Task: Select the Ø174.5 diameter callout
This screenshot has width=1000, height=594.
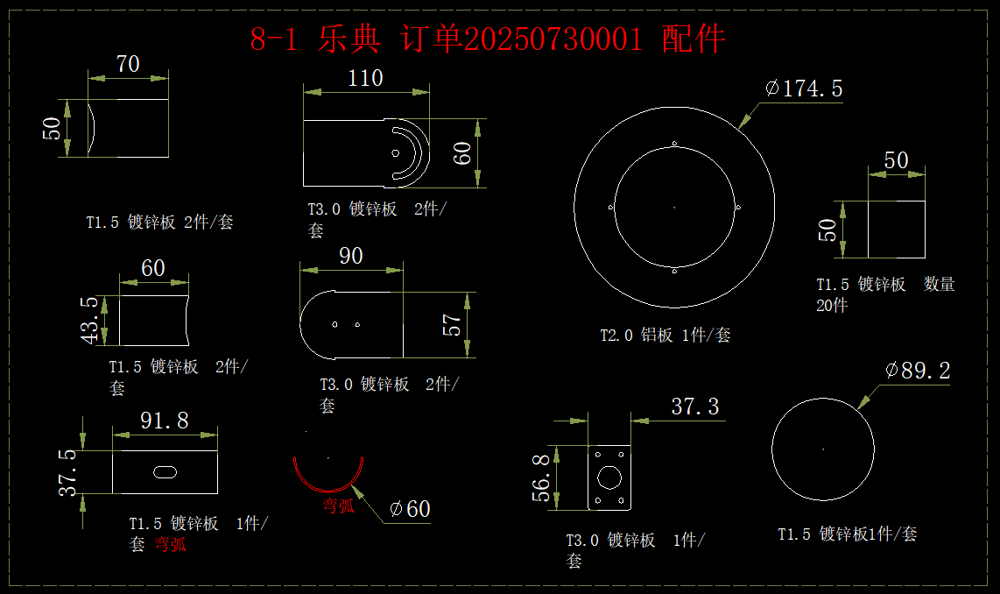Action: tap(804, 88)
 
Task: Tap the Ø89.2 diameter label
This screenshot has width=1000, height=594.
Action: tap(918, 371)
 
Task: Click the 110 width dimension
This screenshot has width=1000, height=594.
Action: tap(365, 78)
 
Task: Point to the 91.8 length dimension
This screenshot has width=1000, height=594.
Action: tap(165, 421)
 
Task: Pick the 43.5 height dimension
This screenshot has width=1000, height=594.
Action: tap(89, 321)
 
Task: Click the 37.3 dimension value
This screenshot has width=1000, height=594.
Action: tap(695, 407)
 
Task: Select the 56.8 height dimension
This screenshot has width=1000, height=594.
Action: tap(540, 477)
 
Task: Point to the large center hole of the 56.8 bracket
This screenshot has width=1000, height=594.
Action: tap(609, 477)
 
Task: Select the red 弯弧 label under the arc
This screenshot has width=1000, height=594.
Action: tap(339, 506)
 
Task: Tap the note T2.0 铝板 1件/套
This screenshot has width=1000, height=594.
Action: tap(665, 335)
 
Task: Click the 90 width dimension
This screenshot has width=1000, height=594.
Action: tap(351, 256)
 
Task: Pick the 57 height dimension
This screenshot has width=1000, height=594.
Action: tap(454, 324)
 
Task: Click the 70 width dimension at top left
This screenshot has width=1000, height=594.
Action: tap(128, 64)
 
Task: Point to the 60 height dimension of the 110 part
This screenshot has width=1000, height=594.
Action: tap(464, 152)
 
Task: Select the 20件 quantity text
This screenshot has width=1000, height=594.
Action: tap(832, 306)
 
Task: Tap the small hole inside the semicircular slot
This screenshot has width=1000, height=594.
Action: tap(396, 153)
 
